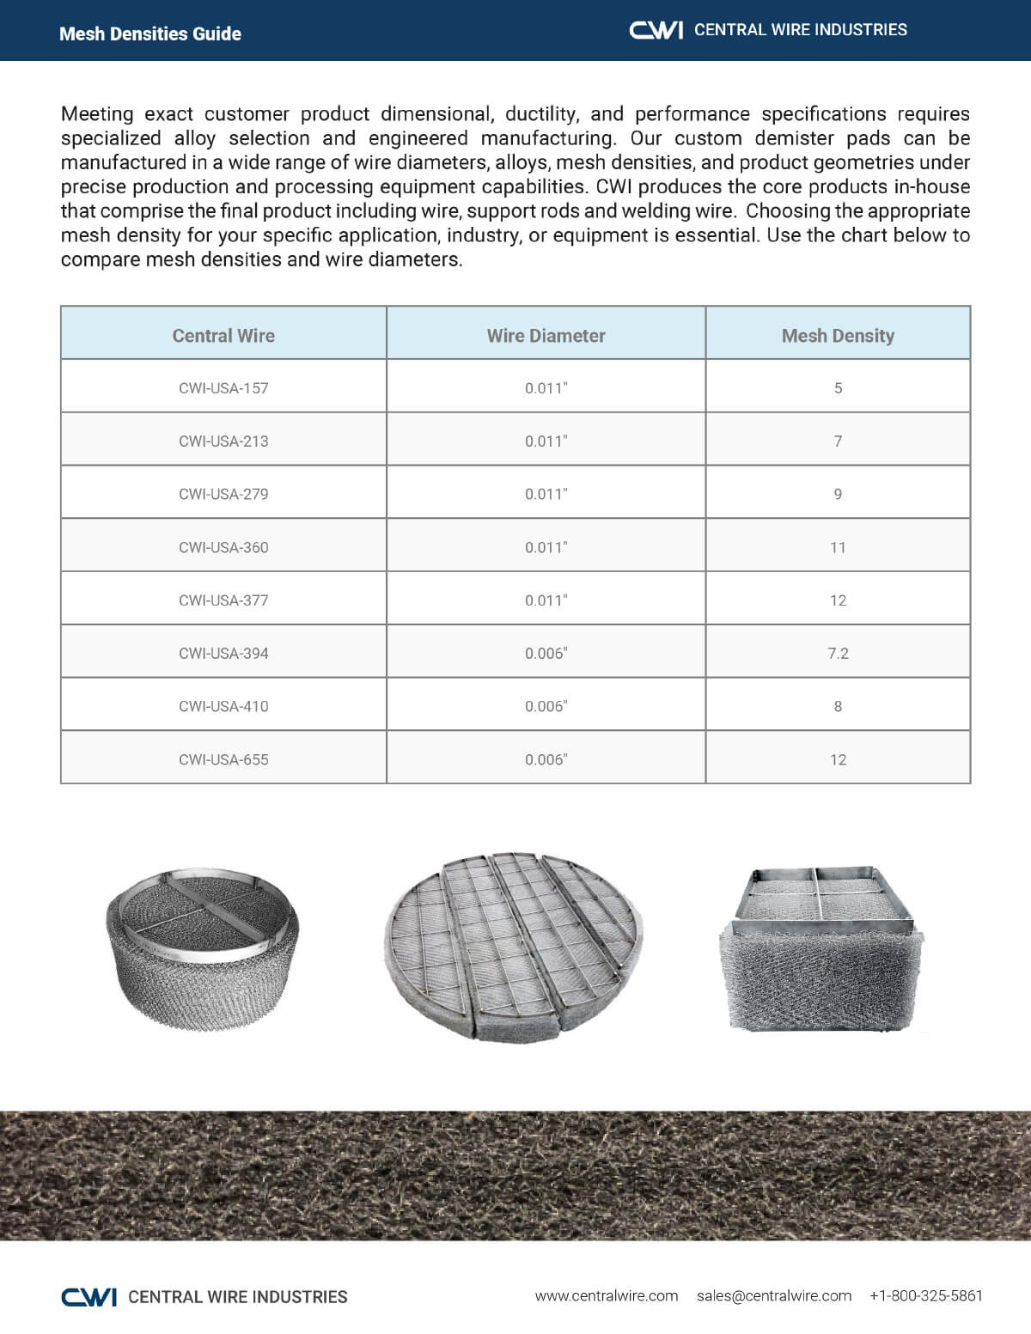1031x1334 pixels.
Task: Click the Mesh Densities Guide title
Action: [149, 34]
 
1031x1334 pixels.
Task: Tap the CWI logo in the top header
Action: [656, 30]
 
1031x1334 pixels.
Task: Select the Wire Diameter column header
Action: [546, 336]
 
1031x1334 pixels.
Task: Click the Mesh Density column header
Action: [838, 336]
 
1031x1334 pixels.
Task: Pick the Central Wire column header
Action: [223, 336]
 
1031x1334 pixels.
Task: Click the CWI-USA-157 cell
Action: [223, 388]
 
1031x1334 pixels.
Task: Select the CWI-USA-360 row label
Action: [223, 547]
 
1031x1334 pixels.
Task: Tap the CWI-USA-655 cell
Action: [223, 759]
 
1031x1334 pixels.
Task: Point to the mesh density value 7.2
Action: [838, 654]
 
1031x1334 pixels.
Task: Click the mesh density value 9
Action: [838, 494]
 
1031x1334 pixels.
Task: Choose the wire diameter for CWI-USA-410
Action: [546, 706]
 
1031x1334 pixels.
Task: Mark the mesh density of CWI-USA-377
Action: [838, 600]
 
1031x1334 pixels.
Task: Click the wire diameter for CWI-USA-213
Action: [546, 442]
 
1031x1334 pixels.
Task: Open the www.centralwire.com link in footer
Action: [606, 1295]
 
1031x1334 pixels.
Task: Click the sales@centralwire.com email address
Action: [773, 1295]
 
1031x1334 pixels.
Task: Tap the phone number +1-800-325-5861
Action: [925, 1295]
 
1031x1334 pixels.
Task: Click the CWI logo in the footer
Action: [88, 1296]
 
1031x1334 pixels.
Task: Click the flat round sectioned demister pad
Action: [514, 947]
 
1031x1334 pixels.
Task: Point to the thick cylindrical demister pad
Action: [203, 949]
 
